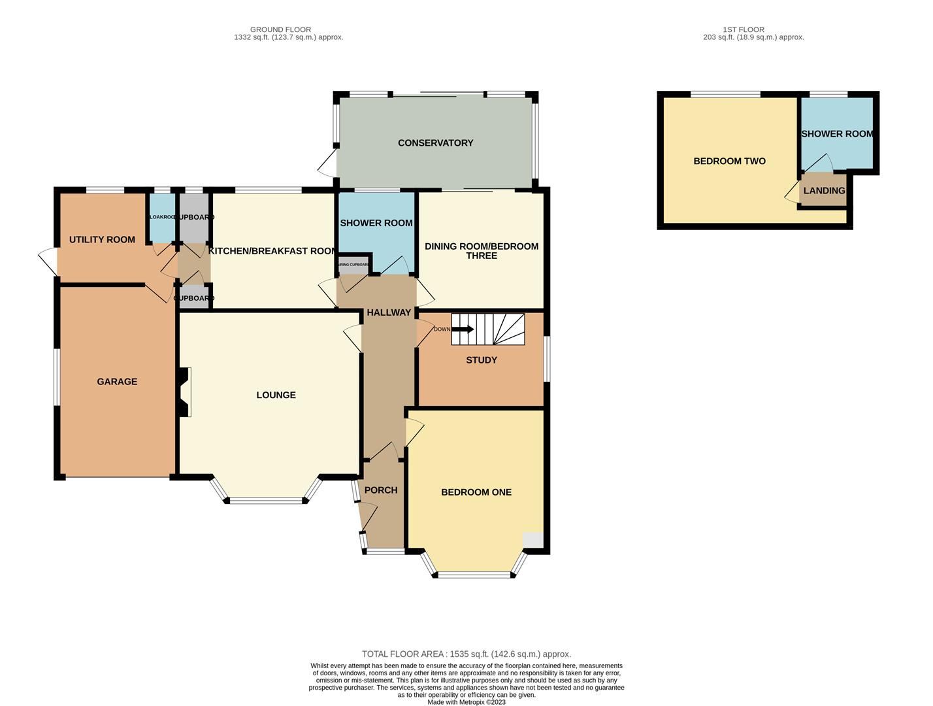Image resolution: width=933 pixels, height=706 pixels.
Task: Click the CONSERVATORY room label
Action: coord(435,143)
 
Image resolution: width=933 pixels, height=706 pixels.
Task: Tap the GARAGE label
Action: coord(117,382)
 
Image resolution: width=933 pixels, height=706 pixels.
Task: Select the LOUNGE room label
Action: coord(276,395)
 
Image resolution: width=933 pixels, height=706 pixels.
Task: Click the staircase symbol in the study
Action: coord(497,329)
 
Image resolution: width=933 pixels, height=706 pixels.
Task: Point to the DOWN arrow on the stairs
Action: coord(463,329)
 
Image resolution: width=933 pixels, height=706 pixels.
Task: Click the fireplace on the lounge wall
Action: coord(184,392)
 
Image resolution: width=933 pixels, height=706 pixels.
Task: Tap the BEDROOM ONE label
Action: coord(476,492)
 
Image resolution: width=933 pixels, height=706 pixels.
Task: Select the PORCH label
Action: coord(381,490)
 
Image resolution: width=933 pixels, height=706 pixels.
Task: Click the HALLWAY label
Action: coord(389,312)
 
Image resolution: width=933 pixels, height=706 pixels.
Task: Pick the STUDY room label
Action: coord(482,360)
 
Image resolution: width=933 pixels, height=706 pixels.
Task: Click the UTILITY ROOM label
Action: coord(102,240)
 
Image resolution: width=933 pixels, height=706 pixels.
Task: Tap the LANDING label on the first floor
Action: coord(824,191)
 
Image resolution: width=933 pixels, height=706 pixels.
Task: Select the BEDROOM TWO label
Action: coord(729,161)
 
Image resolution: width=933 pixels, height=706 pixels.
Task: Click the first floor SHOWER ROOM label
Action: coord(837,134)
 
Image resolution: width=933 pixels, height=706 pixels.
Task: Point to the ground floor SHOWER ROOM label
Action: coord(376,223)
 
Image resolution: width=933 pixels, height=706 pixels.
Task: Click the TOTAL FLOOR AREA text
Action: coord(466,654)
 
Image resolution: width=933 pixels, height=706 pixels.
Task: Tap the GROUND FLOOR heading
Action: coord(280,29)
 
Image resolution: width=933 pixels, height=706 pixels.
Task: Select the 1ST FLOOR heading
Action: coord(744,29)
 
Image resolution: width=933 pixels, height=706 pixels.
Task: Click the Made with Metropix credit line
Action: coord(466,702)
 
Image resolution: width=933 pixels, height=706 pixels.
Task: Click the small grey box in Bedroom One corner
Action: coord(533,539)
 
